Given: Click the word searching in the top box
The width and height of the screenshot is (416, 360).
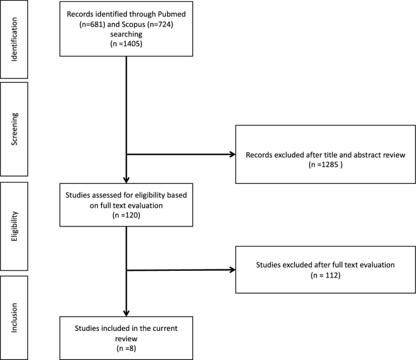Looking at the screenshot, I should pyautogui.click(x=124, y=33).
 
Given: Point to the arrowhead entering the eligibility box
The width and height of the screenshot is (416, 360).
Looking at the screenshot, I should pyautogui.click(x=125, y=180).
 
